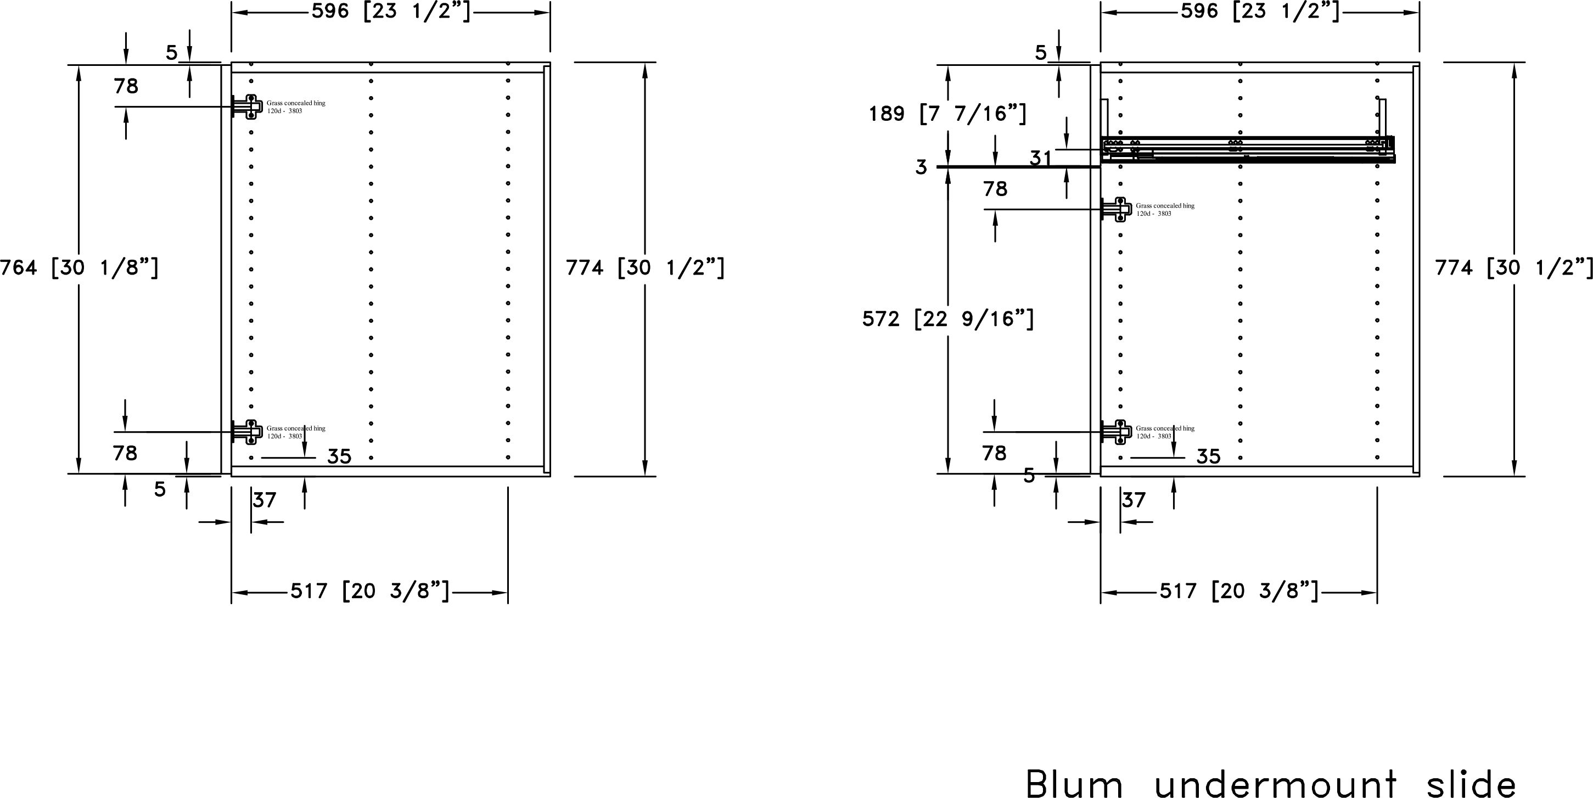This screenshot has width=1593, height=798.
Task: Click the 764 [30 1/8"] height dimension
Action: point(79,268)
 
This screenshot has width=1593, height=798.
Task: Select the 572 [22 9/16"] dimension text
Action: point(948,319)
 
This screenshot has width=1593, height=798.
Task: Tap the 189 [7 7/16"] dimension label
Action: point(948,113)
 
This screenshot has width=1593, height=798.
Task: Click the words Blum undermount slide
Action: point(1271,784)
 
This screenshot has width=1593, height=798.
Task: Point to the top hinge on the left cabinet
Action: point(246,107)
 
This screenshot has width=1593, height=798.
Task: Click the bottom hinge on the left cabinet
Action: point(246,432)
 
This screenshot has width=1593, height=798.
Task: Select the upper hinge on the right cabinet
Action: point(1115,209)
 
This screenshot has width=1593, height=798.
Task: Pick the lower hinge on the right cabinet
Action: point(1115,432)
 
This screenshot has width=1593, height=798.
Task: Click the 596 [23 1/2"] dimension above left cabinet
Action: point(391,11)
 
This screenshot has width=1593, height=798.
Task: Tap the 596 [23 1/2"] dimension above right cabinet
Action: point(1260,11)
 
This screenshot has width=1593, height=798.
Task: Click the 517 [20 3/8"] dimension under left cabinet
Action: point(370,591)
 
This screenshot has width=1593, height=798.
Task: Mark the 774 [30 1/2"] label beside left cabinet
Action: point(645,268)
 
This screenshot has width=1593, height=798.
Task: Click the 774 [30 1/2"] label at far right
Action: point(1514,268)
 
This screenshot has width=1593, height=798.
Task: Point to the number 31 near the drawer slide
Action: point(1041,158)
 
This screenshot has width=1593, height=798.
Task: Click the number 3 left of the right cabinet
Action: point(922,167)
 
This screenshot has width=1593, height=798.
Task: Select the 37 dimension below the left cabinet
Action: point(265,500)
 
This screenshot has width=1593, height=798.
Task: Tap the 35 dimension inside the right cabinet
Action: point(1208,456)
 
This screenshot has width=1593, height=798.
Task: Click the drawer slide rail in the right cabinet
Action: point(1248,150)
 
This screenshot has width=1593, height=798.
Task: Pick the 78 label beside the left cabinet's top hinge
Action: point(126,86)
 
